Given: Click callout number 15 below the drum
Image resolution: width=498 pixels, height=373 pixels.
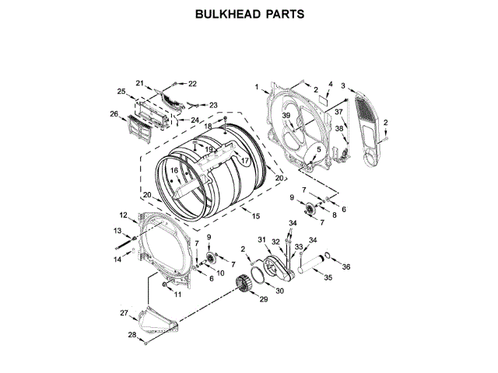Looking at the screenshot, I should click(x=256, y=214).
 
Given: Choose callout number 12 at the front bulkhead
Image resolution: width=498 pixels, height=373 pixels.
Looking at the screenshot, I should click(x=123, y=214).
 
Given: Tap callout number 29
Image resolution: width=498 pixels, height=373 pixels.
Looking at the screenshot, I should click(x=262, y=299).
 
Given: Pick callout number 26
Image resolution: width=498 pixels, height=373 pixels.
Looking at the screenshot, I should click(x=114, y=114).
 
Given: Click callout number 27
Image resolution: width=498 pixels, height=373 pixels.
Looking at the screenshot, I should click(x=123, y=312).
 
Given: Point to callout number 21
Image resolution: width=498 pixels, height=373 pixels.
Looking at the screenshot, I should click(x=140, y=83).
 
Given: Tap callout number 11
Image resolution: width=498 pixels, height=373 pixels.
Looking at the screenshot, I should click(x=177, y=294).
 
